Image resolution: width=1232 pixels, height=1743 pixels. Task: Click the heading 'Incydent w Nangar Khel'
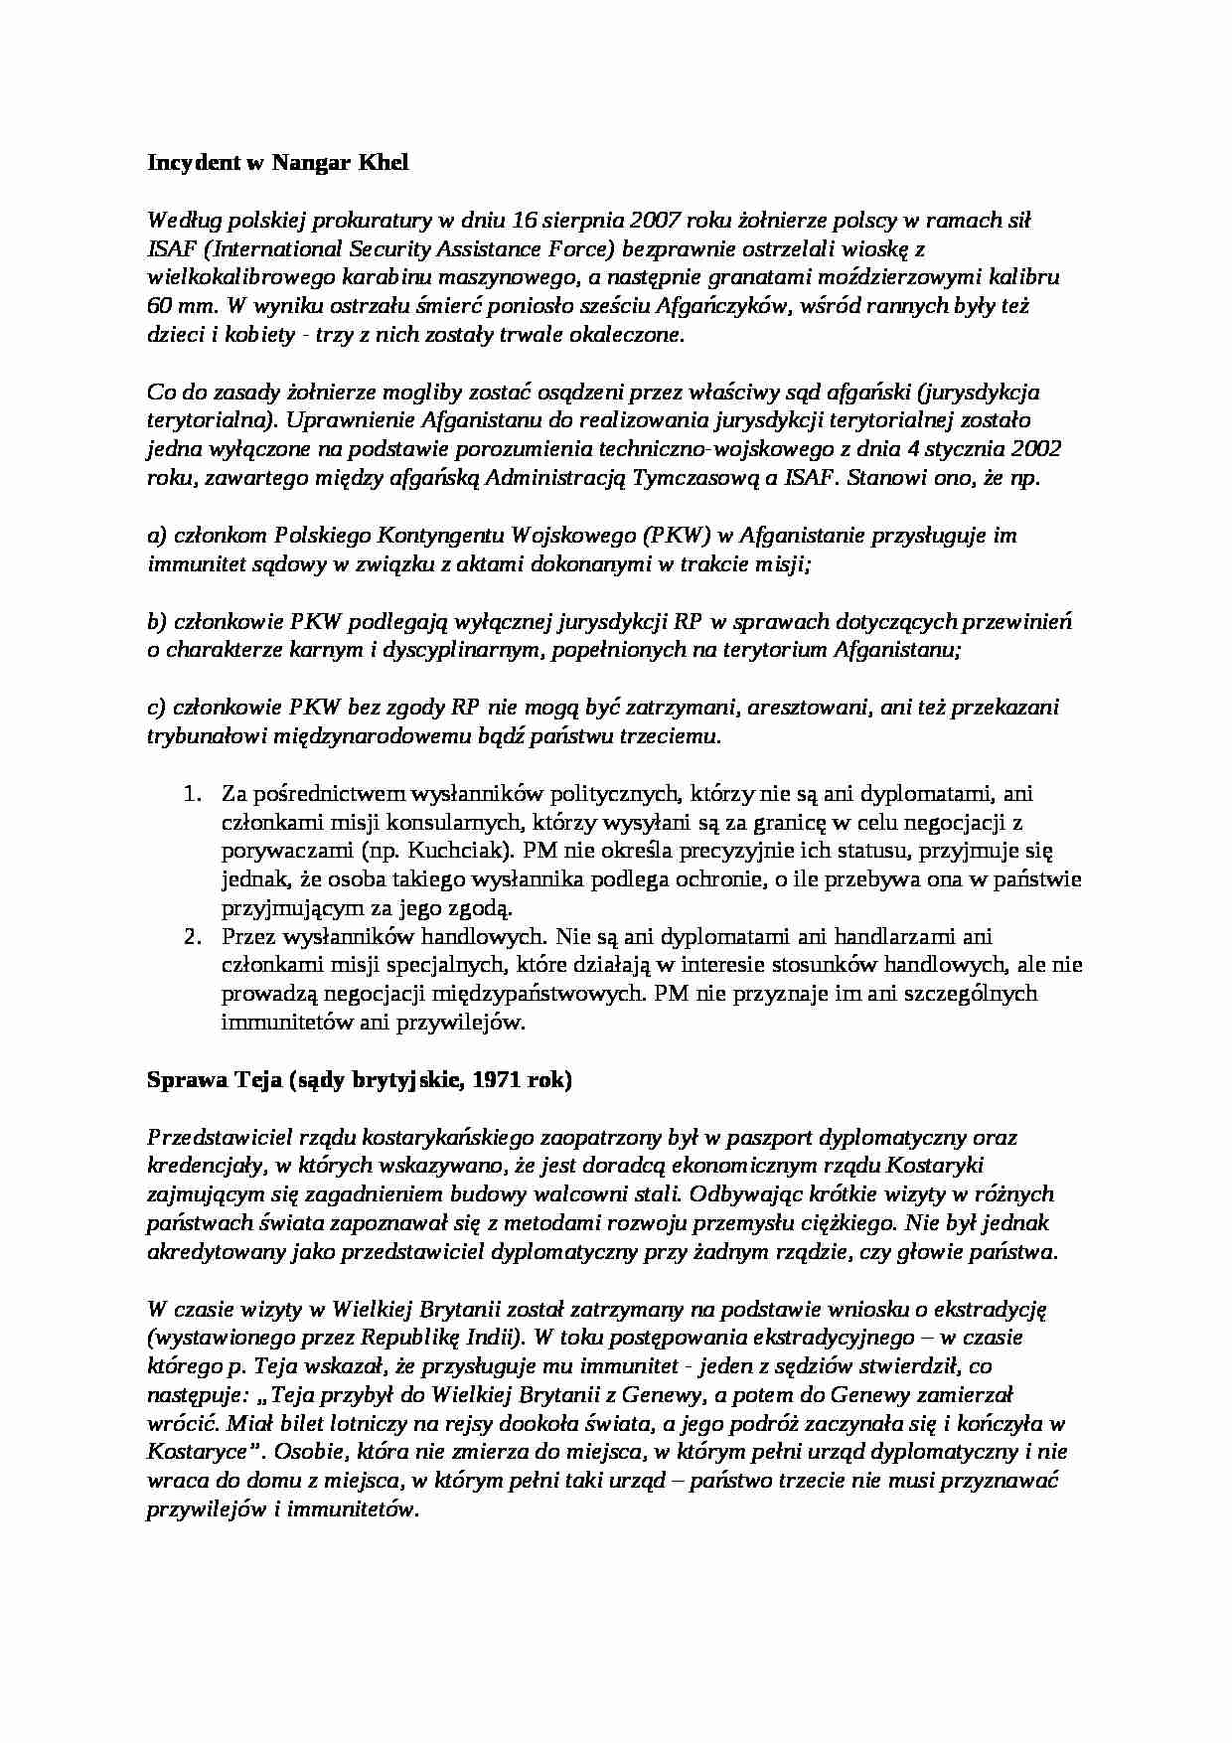[x=277, y=164]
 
